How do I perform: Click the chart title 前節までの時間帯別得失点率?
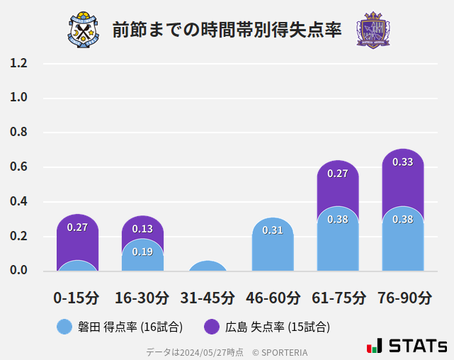(x=227, y=30)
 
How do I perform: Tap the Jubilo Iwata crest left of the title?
(x=84, y=30)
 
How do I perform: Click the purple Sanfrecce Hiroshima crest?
(x=373, y=30)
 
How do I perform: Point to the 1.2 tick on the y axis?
(x=18, y=63)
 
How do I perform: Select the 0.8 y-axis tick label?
(x=18, y=133)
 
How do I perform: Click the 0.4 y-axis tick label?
(x=18, y=202)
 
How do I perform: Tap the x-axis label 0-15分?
(x=76, y=298)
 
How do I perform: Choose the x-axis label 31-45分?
(x=208, y=298)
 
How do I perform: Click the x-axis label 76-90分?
(x=404, y=298)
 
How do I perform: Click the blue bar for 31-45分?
(x=208, y=266)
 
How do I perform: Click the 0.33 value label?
(x=403, y=162)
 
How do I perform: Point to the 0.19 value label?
(x=142, y=252)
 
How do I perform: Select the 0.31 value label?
(x=273, y=230)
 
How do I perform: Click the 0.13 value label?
(x=142, y=229)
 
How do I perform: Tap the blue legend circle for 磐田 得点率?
(x=64, y=327)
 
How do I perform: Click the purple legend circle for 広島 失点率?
(x=212, y=327)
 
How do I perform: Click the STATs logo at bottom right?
(x=407, y=346)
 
